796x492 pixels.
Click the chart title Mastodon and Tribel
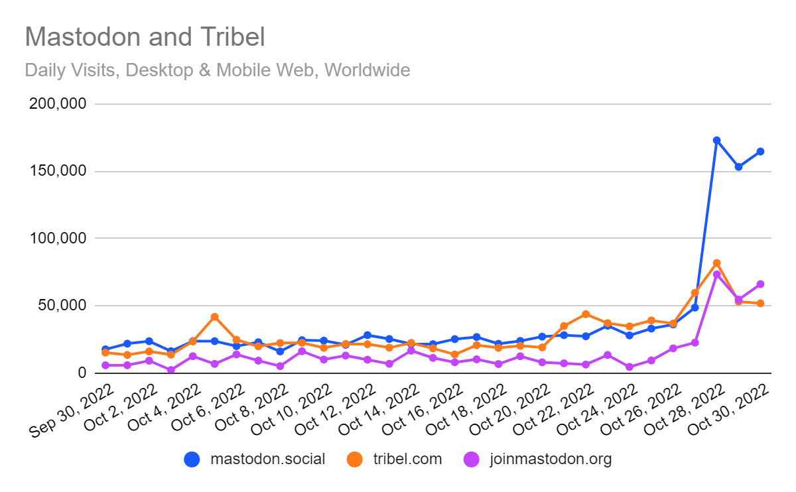(x=145, y=36)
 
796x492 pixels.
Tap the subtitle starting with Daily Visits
(x=218, y=70)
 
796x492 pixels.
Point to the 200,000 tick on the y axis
(x=58, y=103)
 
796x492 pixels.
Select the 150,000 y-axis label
(x=58, y=171)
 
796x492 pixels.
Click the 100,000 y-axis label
(x=58, y=238)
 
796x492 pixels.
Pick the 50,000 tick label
(x=62, y=305)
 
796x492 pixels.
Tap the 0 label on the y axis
(x=82, y=372)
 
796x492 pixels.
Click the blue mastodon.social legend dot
(x=192, y=460)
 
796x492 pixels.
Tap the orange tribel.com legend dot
(x=355, y=460)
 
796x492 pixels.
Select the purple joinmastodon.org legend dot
(x=472, y=460)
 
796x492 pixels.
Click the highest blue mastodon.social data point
(x=717, y=141)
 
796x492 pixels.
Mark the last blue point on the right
(x=760, y=152)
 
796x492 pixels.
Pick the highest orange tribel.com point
(x=717, y=263)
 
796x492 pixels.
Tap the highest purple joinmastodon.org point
(x=717, y=275)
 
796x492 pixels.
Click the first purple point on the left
(x=105, y=365)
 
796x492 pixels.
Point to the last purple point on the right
(x=760, y=284)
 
